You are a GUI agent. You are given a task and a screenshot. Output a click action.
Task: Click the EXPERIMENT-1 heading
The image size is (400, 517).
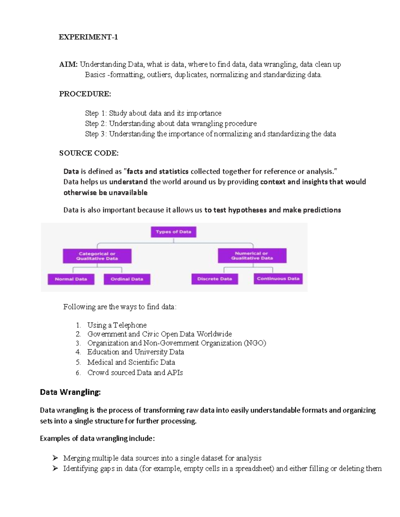tap(88, 37)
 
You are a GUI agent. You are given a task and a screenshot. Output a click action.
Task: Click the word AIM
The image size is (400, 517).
tap(68, 64)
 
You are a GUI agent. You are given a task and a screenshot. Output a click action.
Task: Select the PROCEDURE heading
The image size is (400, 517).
tap(85, 94)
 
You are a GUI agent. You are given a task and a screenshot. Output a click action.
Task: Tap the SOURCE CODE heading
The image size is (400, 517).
tap(89, 153)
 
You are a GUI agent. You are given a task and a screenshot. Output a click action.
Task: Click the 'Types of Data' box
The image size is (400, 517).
tap(173, 232)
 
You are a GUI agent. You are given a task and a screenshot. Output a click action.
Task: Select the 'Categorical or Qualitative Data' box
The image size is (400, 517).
tap(97, 256)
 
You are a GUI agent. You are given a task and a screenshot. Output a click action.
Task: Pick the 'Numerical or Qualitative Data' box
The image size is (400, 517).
tap(252, 256)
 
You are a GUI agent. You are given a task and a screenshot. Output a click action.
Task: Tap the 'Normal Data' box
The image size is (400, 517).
tap(71, 279)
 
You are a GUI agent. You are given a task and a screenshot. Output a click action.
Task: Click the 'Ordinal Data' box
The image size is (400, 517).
tap(127, 279)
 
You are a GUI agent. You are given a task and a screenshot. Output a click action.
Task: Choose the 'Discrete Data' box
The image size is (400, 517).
tap(215, 279)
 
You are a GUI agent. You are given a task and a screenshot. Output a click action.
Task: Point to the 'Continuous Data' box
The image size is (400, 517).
tap(278, 279)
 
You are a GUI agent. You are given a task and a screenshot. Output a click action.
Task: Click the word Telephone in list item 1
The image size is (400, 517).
tap(130, 325)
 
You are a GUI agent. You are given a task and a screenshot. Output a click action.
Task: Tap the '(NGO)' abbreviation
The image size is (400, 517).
tap(255, 343)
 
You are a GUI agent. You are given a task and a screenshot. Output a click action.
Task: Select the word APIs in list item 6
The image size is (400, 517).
tap(175, 373)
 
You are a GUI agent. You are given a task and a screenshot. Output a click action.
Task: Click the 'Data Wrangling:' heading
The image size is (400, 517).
tap(70, 392)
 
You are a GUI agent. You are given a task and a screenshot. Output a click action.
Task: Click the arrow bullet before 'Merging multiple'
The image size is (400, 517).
tap(55, 458)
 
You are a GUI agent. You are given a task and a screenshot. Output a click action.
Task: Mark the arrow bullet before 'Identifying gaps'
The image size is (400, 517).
tap(55, 468)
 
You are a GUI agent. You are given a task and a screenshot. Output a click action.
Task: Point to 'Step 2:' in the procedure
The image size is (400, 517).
tap(96, 124)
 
